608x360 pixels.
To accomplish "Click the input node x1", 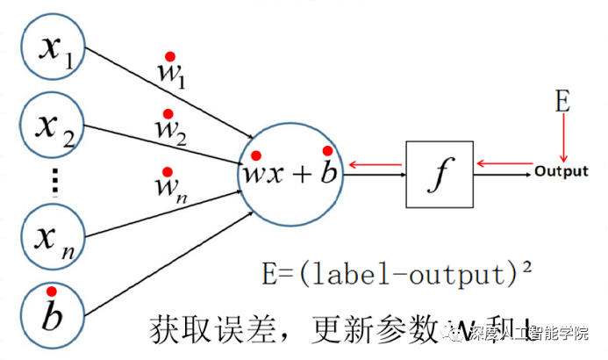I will [x=52, y=49].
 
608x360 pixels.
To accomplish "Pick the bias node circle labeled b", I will [x=52, y=313].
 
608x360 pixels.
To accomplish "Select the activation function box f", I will [x=439, y=174].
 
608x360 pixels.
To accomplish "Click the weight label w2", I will [x=170, y=132].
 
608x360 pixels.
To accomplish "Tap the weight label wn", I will [x=170, y=187].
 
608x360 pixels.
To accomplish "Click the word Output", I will [x=562, y=171].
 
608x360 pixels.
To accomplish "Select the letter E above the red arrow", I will [x=563, y=102].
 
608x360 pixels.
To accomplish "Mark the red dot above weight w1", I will [x=170, y=54].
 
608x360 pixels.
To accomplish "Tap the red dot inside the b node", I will [x=52, y=292].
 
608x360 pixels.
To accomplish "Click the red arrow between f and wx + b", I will [x=376, y=163].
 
